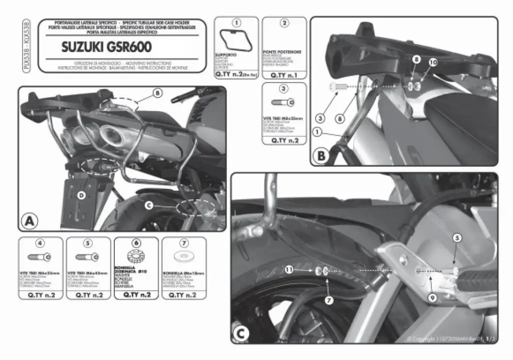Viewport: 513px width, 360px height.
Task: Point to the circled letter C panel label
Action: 241,333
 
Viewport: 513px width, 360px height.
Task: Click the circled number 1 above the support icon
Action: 236,23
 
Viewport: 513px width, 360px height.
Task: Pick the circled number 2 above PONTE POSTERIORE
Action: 284,23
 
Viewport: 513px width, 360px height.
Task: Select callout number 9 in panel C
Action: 431,297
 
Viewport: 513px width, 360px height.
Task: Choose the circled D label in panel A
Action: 82,194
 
